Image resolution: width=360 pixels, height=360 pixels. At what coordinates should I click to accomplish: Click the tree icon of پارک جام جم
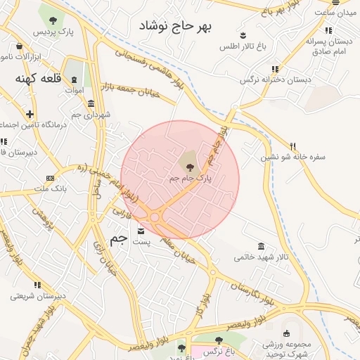(190, 166)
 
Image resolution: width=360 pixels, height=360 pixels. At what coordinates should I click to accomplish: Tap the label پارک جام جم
(190, 179)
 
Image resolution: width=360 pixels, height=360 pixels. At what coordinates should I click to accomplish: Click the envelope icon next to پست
(141, 231)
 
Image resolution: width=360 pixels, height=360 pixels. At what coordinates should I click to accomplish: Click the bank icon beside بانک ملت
(50, 178)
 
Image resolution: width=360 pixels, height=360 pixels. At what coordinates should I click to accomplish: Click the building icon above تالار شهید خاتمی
(262, 245)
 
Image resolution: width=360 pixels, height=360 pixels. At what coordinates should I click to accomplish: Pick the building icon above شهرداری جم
(91, 103)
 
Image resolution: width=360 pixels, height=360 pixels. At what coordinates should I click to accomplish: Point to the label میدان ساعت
(335, 13)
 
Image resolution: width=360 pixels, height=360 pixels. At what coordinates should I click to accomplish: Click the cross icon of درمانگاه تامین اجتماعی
(30, 113)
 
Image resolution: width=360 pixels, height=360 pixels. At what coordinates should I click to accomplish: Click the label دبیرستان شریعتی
(38, 296)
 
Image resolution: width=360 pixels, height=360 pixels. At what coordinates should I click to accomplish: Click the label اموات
(74, 90)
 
